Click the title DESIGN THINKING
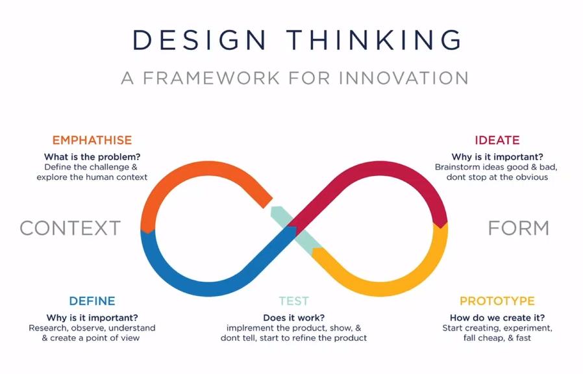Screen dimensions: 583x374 pyautogui.click(x=297, y=40)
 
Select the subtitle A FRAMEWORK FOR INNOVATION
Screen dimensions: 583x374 pyautogui.click(x=295, y=78)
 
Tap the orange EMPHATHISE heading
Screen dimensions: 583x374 pyautogui.click(x=92, y=140)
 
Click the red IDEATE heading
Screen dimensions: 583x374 pyautogui.click(x=497, y=140)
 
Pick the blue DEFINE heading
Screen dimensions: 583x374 pyautogui.click(x=92, y=301)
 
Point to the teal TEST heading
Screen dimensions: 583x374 pyautogui.click(x=293, y=301)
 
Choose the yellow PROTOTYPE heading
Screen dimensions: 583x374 pyautogui.click(x=497, y=301)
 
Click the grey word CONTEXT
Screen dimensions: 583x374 pyautogui.click(x=70, y=228)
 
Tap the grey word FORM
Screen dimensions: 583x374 pyautogui.click(x=518, y=228)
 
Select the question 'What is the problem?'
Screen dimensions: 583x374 pyautogui.click(x=92, y=157)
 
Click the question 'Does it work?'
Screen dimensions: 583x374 pyautogui.click(x=293, y=318)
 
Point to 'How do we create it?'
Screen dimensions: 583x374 pyautogui.click(x=497, y=318)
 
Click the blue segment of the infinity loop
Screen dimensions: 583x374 pyautogui.click(x=208, y=288)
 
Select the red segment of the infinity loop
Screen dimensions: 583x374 pyautogui.click(x=379, y=168)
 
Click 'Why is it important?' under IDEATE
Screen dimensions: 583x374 pyautogui.click(x=497, y=157)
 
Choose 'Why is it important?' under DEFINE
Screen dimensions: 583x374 pyautogui.click(x=92, y=318)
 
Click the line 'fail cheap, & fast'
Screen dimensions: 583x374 pyautogui.click(x=497, y=338)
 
